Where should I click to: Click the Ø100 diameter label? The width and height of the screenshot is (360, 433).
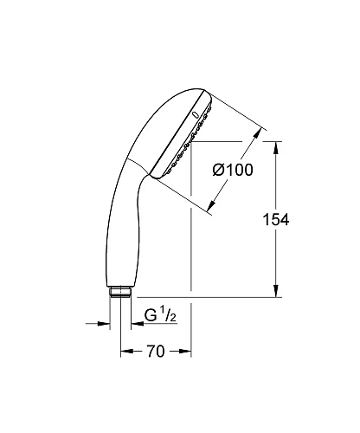tap(232, 171)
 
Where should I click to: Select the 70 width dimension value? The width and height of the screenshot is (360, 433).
tap(156, 352)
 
